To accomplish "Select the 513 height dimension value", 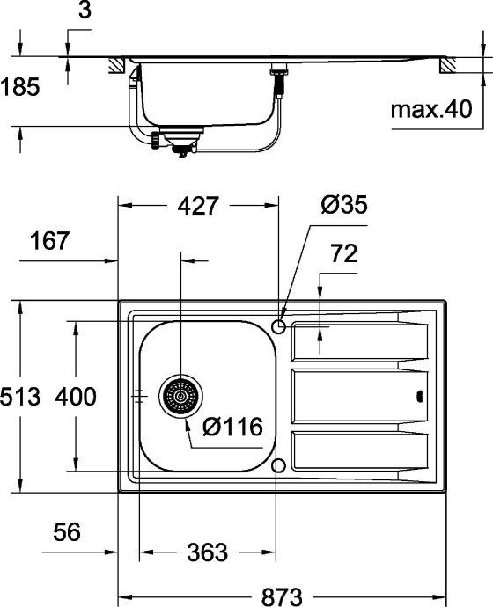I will point(20,397).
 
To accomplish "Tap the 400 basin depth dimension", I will point(76,397).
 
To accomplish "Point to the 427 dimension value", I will point(198,206).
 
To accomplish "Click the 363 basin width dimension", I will point(208,552).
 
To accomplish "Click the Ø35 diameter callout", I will point(342,206).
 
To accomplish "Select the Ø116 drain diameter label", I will point(232,428).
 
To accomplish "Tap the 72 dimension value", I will point(344,254).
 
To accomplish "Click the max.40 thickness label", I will point(431,110).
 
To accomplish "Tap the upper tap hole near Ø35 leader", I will point(279,327).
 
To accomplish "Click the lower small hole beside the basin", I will point(279,464).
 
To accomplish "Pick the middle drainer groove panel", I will point(359,397).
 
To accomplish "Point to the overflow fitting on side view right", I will point(281,74).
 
